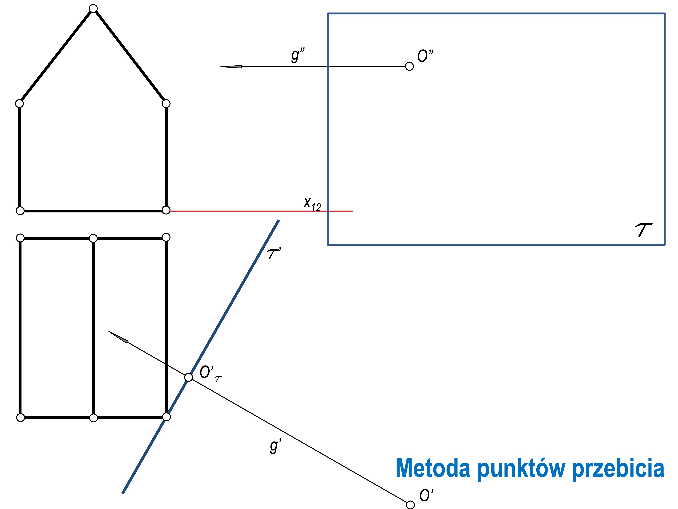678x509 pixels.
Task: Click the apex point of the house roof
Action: point(93,8)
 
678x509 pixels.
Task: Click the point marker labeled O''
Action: point(409,66)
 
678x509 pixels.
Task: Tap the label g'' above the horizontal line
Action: point(298,55)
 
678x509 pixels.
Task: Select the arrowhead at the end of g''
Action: point(231,67)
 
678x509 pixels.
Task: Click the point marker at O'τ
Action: point(189,377)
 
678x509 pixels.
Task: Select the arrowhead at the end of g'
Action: point(118,337)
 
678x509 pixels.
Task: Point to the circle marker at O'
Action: point(410,505)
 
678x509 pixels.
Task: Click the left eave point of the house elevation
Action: point(19,103)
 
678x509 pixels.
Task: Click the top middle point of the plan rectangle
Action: point(93,238)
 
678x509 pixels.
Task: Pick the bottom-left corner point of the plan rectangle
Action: point(20,418)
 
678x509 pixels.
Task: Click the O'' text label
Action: point(426,56)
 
